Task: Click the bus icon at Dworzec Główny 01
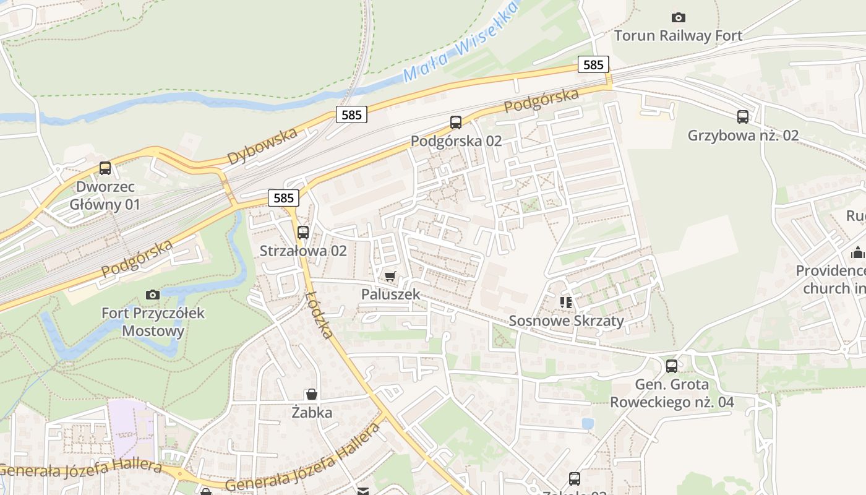pos(105,168)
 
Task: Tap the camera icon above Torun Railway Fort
pos(678,17)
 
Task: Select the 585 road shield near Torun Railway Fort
pos(593,64)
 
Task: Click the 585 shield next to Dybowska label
pos(352,114)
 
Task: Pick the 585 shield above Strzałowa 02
pos(283,198)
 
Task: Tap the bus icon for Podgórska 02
pos(456,122)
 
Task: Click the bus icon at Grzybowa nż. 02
pos(743,116)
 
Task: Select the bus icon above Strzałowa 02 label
pos(302,233)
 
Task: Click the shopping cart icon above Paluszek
pos(390,276)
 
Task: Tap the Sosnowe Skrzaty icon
pos(565,302)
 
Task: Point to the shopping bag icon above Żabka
pos(312,394)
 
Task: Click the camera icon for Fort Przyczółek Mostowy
pos(153,295)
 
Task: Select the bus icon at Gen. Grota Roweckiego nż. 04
pos(672,366)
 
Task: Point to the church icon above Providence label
pos(857,252)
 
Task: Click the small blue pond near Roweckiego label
pos(588,423)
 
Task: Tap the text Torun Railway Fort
pos(678,36)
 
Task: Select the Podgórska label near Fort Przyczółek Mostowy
pos(137,259)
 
